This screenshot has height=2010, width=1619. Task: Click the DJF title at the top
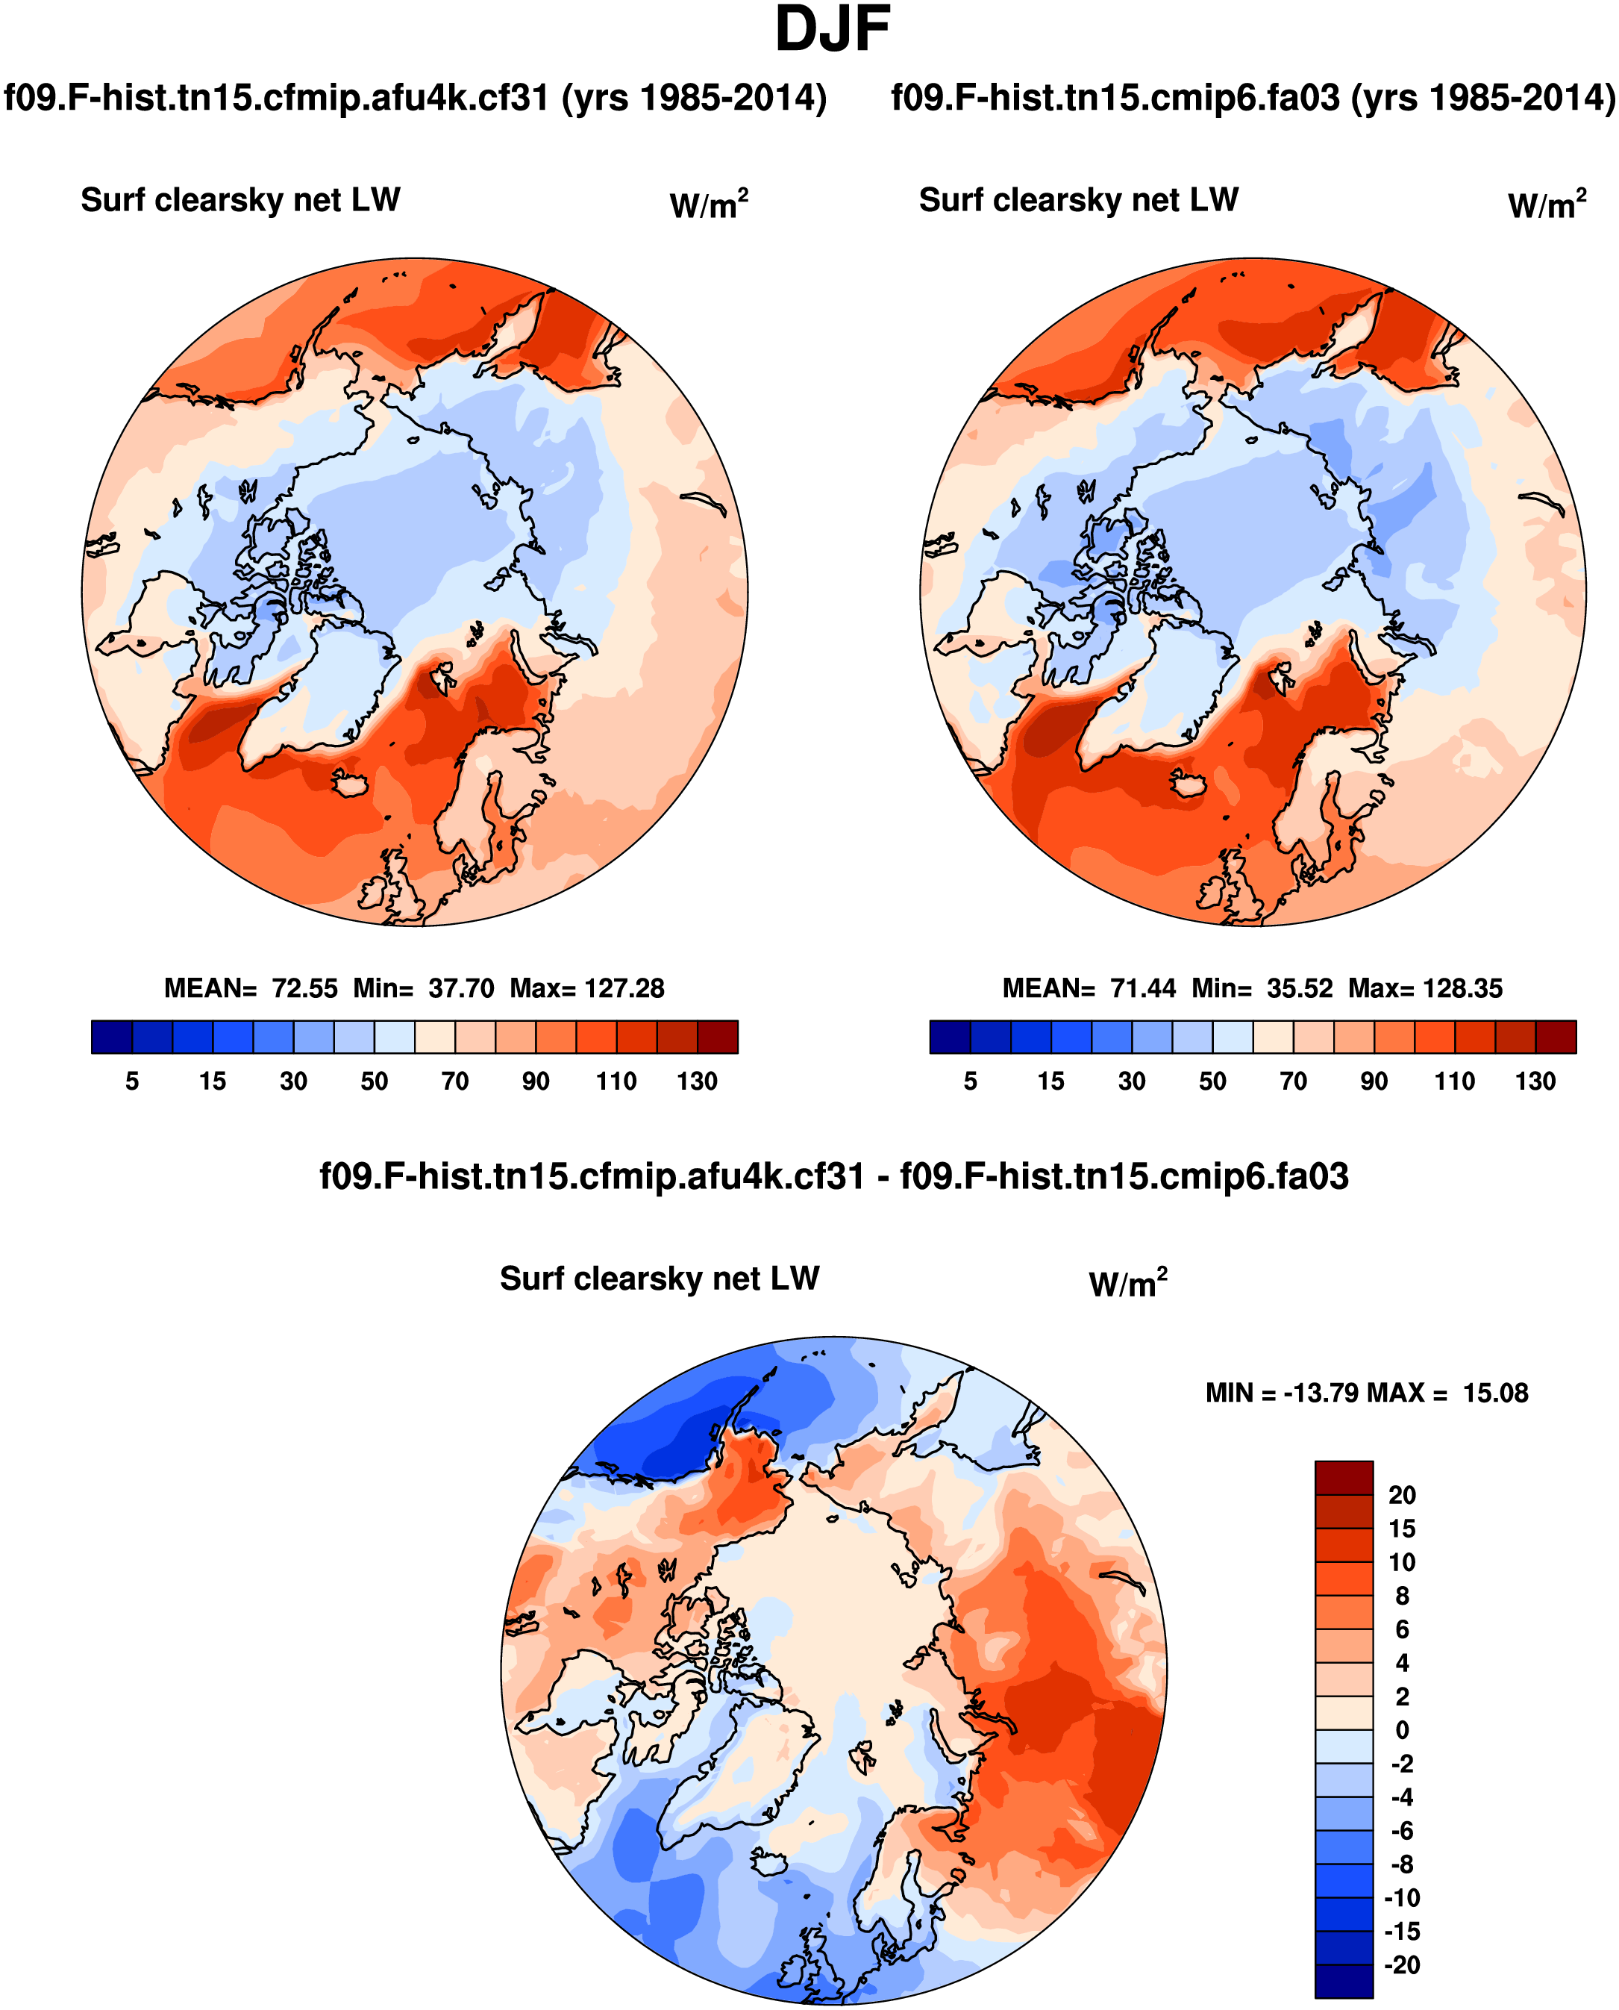coord(832,30)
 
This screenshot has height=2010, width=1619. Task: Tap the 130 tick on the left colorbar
coord(697,1081)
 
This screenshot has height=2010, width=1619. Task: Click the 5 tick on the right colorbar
coord(970,1081)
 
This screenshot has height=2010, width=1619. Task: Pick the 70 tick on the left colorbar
coord(454,1081)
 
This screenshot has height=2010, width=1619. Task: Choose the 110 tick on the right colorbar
coord(1454,1081)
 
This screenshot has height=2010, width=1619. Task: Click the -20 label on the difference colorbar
coord(1402,1965)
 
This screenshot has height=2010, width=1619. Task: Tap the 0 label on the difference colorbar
coord(1402,1730)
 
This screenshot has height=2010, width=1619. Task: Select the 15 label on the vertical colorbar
coord(1402,1529)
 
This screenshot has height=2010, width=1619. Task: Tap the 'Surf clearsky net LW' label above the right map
coord(1078,199)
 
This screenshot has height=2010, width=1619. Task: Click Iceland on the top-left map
coord(351,784)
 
